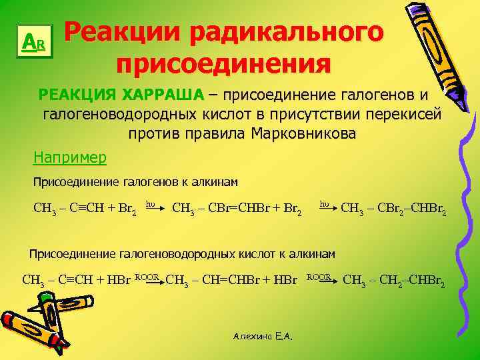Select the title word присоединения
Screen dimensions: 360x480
pos(223,65)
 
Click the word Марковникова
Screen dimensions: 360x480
pos(303,133)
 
